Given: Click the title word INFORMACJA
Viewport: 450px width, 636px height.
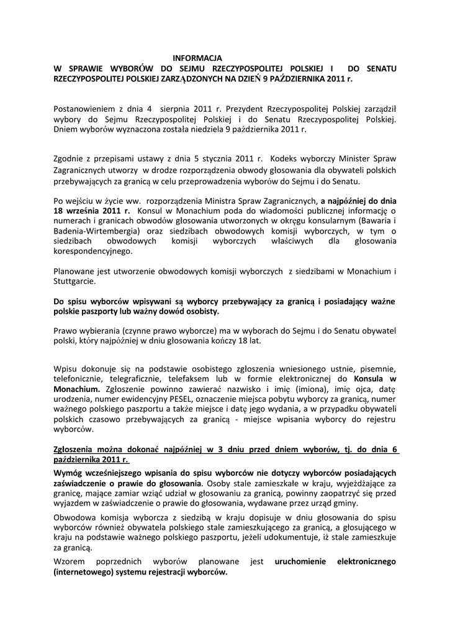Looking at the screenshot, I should click(197, 57).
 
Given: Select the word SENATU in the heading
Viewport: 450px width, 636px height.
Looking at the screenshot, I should click(380, 68).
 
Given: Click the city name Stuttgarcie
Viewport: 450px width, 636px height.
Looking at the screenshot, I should click(74, 282).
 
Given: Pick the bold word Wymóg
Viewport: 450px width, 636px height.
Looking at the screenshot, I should click(69, 472).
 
